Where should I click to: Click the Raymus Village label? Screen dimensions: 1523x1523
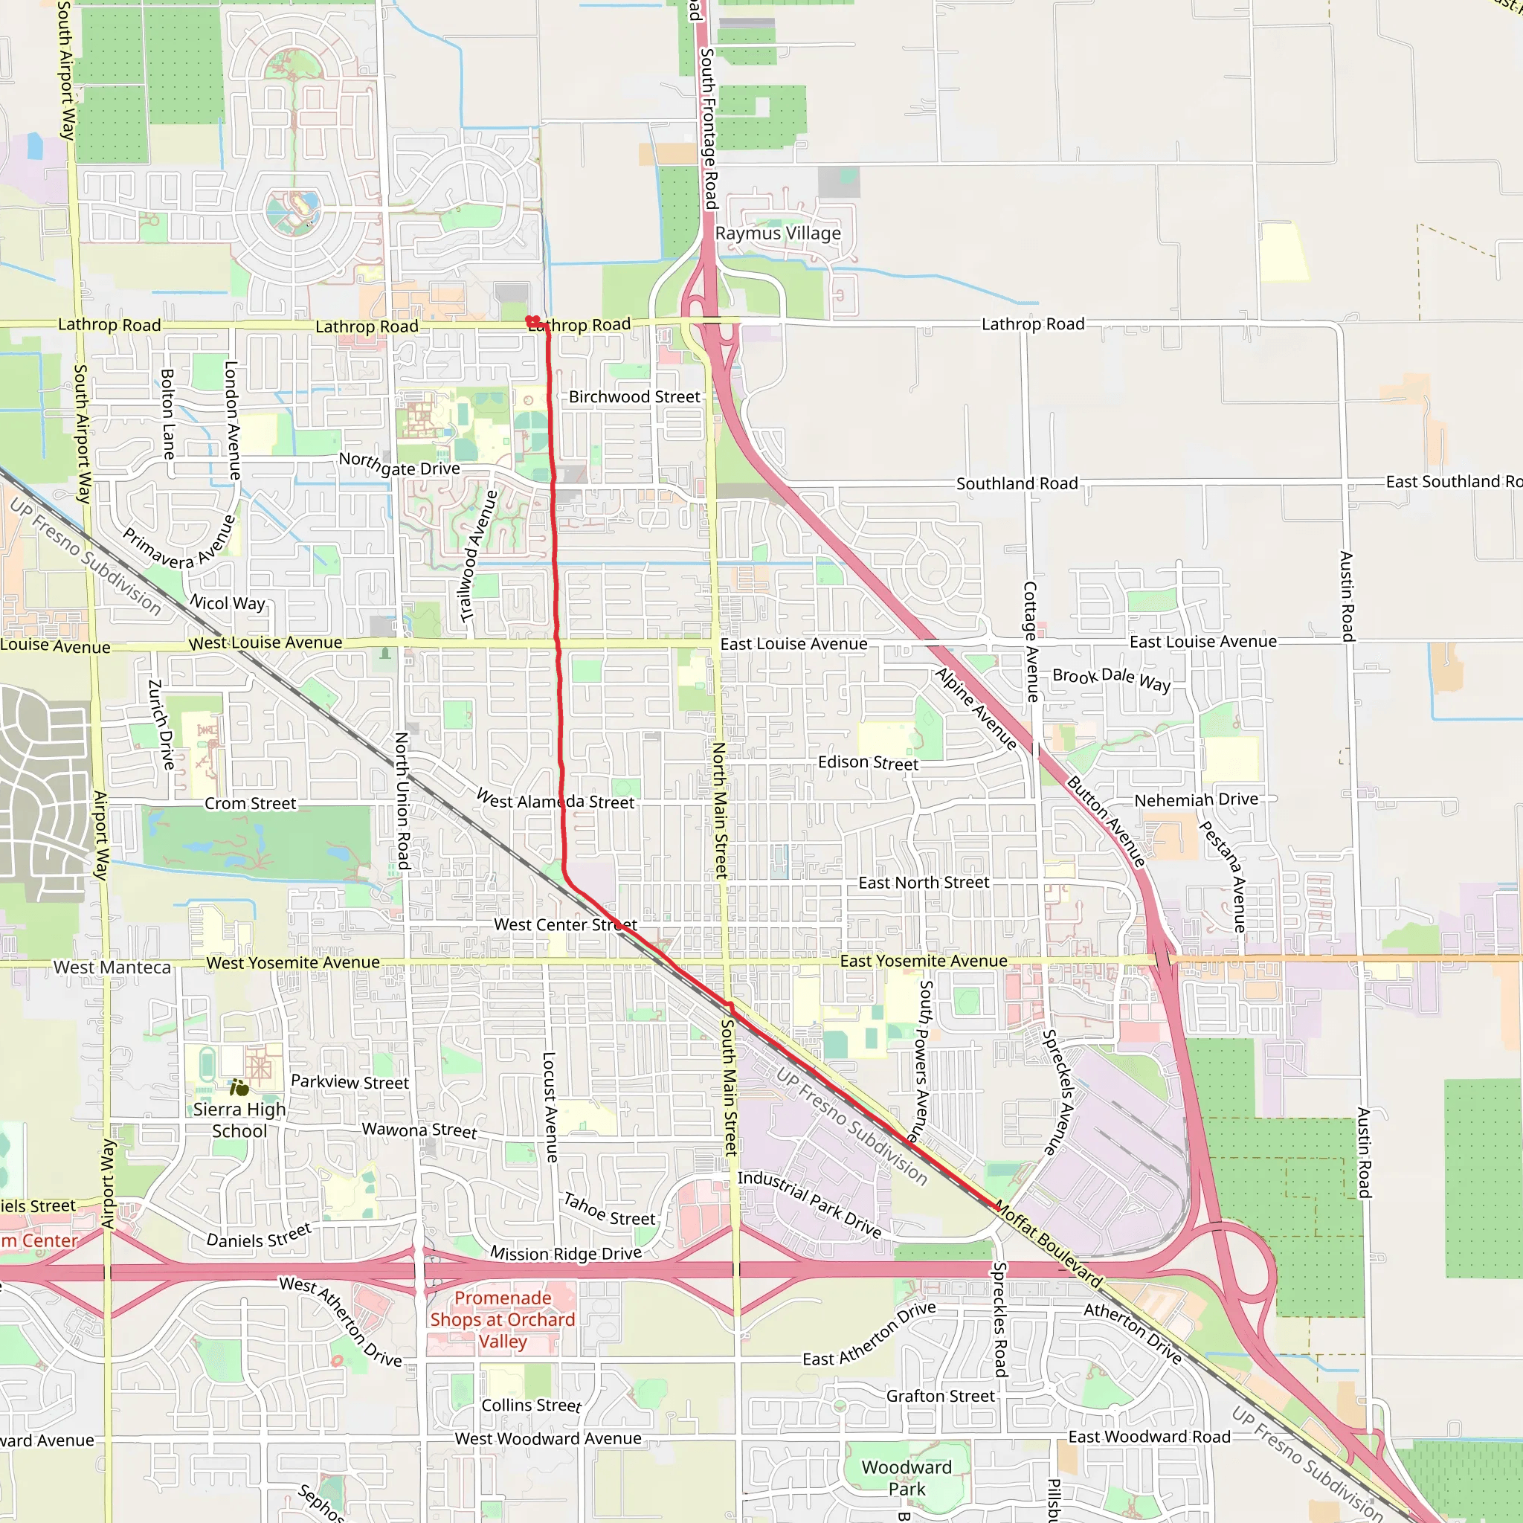[777, 234]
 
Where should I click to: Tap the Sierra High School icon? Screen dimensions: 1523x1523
[239, 1089]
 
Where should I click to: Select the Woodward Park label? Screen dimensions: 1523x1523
[907, 1478]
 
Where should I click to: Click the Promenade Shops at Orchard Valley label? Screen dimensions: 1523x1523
[502, 1320]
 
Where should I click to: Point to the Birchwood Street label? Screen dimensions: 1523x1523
[634, 396]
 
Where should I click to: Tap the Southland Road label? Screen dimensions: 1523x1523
[1017, 483]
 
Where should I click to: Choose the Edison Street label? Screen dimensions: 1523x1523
[868, 762]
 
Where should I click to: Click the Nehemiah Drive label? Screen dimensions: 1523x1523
[1196, 799]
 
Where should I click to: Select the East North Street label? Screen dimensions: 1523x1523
[923, 882]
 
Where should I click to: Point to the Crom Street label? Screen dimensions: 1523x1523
[250, 803]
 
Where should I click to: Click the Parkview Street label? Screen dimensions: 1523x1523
[350, 1081]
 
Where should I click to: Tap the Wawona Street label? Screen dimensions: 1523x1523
[419, 1130]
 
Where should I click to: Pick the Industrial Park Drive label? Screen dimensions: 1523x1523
[810, 1204]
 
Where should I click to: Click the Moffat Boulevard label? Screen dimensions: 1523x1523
[1049, 1245]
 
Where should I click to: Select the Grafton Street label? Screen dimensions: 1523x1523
[941, 1396]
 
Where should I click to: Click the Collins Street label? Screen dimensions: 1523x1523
[531, 1406]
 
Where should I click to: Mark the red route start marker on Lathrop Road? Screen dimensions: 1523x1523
[533, 321]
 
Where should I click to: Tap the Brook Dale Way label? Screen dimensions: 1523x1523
[1112, 679]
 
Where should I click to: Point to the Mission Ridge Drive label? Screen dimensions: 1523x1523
[565, 1253]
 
